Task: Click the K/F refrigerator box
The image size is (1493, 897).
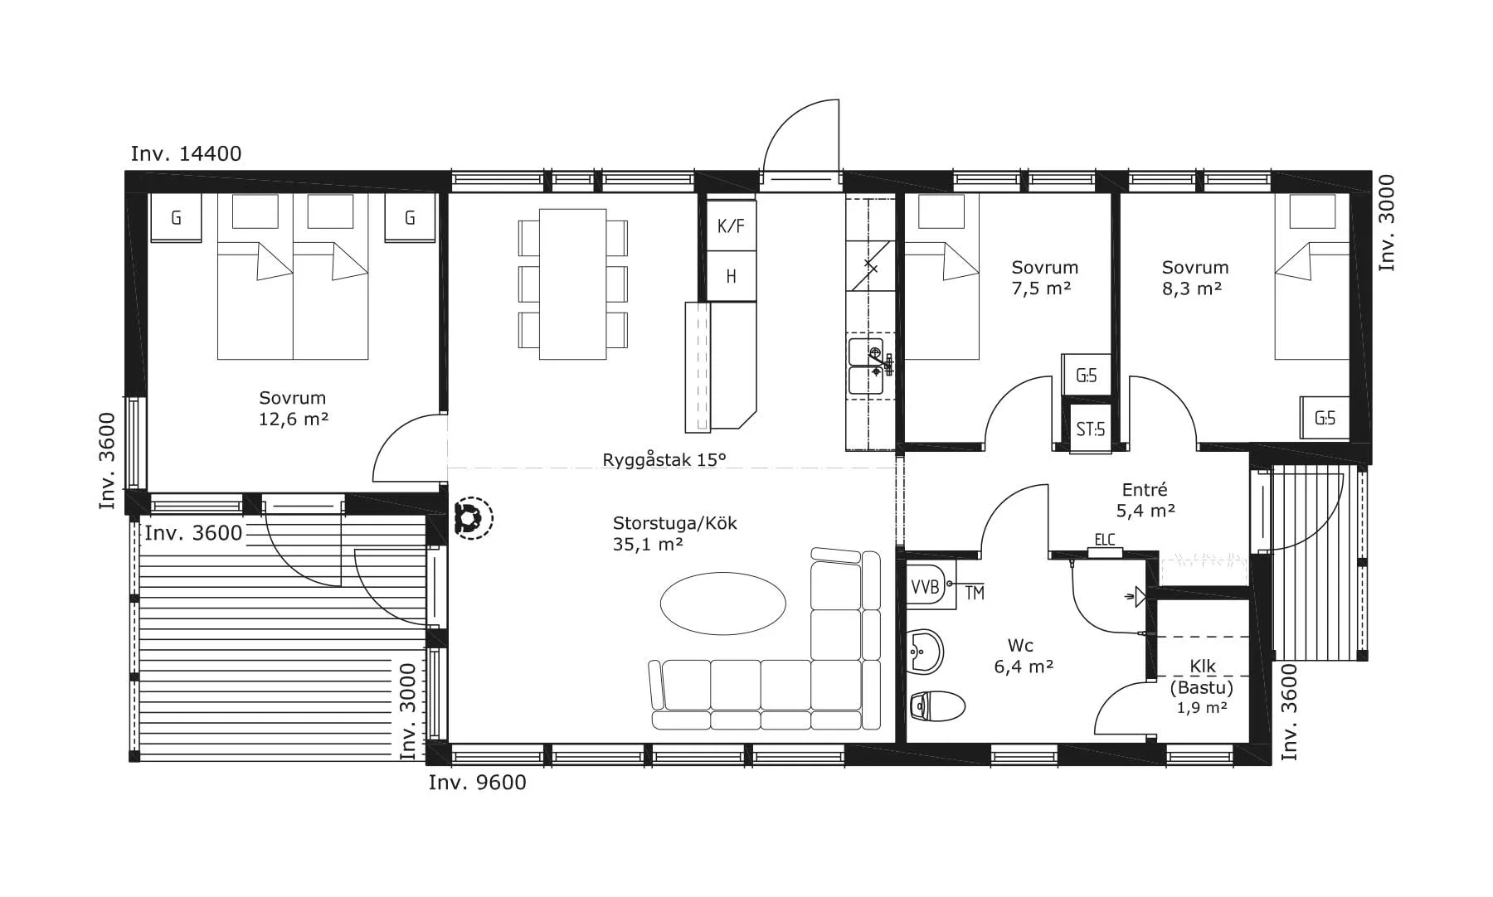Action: [732, 225]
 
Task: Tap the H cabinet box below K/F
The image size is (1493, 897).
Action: [732, 276]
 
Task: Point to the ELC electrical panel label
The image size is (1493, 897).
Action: [1105, 541]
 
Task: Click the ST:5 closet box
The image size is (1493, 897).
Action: [1091, 429]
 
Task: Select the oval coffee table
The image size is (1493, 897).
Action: [722, 604]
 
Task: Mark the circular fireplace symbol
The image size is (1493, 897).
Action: [474, 518]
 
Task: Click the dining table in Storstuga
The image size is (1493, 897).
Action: [572, 284]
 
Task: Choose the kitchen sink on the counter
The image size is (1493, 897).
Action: [870, 366]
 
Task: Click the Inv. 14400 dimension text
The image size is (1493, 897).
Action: [187, 153]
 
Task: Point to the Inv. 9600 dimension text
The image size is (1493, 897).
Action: [478, 783]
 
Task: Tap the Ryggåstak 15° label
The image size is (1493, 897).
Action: [664, 459]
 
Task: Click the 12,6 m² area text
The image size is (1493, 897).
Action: [294, 419]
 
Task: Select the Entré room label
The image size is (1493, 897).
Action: [1145, 489]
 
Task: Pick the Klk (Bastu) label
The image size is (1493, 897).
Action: [1202, 676]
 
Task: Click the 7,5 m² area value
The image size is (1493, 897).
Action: [1041, 288]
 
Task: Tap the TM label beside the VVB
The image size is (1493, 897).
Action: [975, 593]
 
